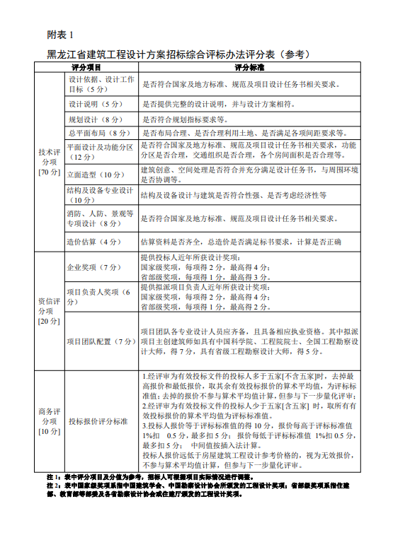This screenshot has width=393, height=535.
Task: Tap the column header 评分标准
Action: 249,66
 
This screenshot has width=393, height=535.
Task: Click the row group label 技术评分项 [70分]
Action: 49,162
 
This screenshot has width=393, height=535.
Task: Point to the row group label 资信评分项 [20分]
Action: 49,310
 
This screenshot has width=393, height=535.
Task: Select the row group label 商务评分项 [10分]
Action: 49,421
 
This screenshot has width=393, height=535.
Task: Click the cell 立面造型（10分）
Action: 95,174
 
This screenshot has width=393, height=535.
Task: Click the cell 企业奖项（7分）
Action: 95,268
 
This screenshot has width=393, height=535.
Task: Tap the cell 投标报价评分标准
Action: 98,421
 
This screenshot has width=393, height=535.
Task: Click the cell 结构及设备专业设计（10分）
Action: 100,195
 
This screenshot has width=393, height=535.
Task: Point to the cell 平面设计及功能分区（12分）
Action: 100,151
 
